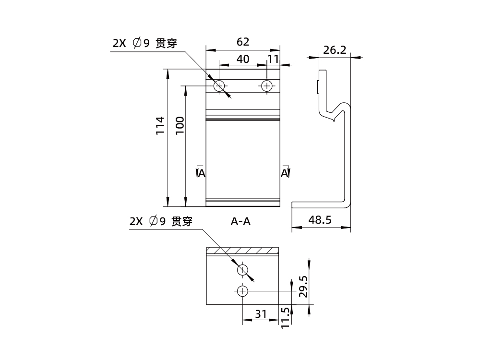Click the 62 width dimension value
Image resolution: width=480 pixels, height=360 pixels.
pos(243,42)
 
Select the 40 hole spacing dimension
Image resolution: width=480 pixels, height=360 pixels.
pos(243,59)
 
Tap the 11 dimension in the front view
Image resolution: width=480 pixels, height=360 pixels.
pos(273,59)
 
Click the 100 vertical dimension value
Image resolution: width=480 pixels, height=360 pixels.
pos(180,125)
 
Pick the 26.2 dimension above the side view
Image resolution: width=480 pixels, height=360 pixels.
pos(335,50)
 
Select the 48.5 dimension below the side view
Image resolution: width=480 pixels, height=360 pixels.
pos(320,220)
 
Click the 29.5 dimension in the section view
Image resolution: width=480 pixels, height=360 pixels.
pos(303,286)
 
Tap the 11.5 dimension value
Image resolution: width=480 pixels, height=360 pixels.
pos(286,318)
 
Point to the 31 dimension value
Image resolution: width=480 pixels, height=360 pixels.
pos(261,314)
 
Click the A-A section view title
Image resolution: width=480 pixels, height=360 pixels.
pos(241,222)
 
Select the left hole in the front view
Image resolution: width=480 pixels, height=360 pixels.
pos(219,86)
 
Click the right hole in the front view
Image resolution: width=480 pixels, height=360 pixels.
pos(267,86)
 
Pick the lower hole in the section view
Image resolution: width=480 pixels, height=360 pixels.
pos(243,291)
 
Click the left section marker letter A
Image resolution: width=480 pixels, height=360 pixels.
pos(202,173)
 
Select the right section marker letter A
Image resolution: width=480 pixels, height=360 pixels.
pos(285,173)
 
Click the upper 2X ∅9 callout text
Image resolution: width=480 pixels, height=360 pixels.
pos(144,43)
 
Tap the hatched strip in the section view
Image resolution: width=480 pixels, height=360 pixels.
pos(242,251)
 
